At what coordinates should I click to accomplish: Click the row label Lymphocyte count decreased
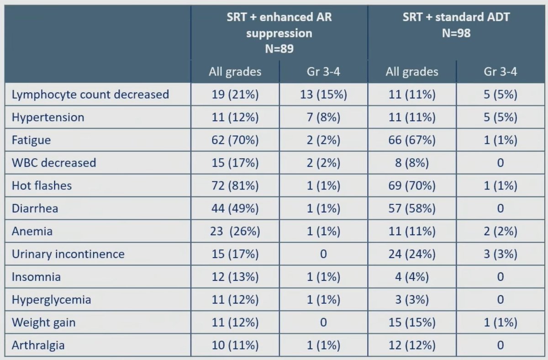[x=90, y=95]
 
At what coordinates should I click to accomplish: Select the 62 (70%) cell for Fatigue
[x=235, y=140]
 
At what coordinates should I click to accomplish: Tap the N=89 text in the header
[x=279, y=48]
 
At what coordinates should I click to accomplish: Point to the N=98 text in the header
[x=456, y=33]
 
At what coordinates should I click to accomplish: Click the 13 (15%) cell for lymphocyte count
[x=323, y=95]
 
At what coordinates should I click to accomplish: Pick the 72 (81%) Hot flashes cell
[x=235, y=186]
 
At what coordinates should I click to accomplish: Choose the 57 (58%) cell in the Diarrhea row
[x=412, y=208]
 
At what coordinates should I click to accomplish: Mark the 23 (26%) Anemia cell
[x=235, y=231]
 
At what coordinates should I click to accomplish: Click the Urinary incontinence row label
[x=68, y=254]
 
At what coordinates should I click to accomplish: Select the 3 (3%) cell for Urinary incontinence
[x=501, y=254]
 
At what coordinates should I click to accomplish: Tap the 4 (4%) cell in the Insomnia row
[x=412, y=277]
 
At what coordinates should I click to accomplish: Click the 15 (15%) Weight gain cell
[x=412, y=323]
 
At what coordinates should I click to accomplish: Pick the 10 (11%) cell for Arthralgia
[x=235, y=345]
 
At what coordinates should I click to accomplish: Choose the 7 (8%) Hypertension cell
[x=323, y=117]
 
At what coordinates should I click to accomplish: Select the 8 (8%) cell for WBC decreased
[x=412, y=163]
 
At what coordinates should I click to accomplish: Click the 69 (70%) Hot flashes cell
[x=412, y=186]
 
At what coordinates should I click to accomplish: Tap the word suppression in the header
[x=279, y=33]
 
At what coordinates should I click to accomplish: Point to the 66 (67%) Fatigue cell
[x=412, y=140]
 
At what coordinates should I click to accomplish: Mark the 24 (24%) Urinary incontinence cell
[x=412, y=254]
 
